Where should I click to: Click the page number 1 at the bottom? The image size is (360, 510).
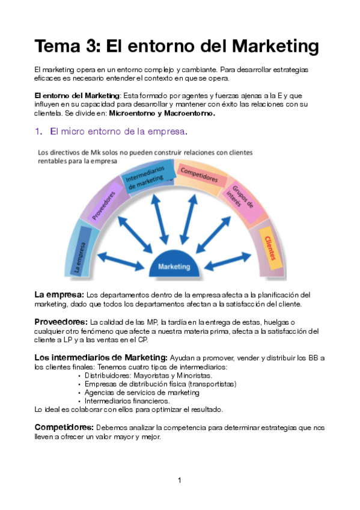coord(180,480)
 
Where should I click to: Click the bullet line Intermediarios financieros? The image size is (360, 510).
coord(127,401)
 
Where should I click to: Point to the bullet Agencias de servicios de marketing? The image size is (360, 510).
coord(142,392)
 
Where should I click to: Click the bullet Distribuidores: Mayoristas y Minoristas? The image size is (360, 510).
coord(148,375)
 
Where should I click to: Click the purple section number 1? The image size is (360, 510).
coord(38,131)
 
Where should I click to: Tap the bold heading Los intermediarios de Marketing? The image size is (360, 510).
coord(101,357)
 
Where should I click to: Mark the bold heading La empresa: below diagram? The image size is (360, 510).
coord(59,295)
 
